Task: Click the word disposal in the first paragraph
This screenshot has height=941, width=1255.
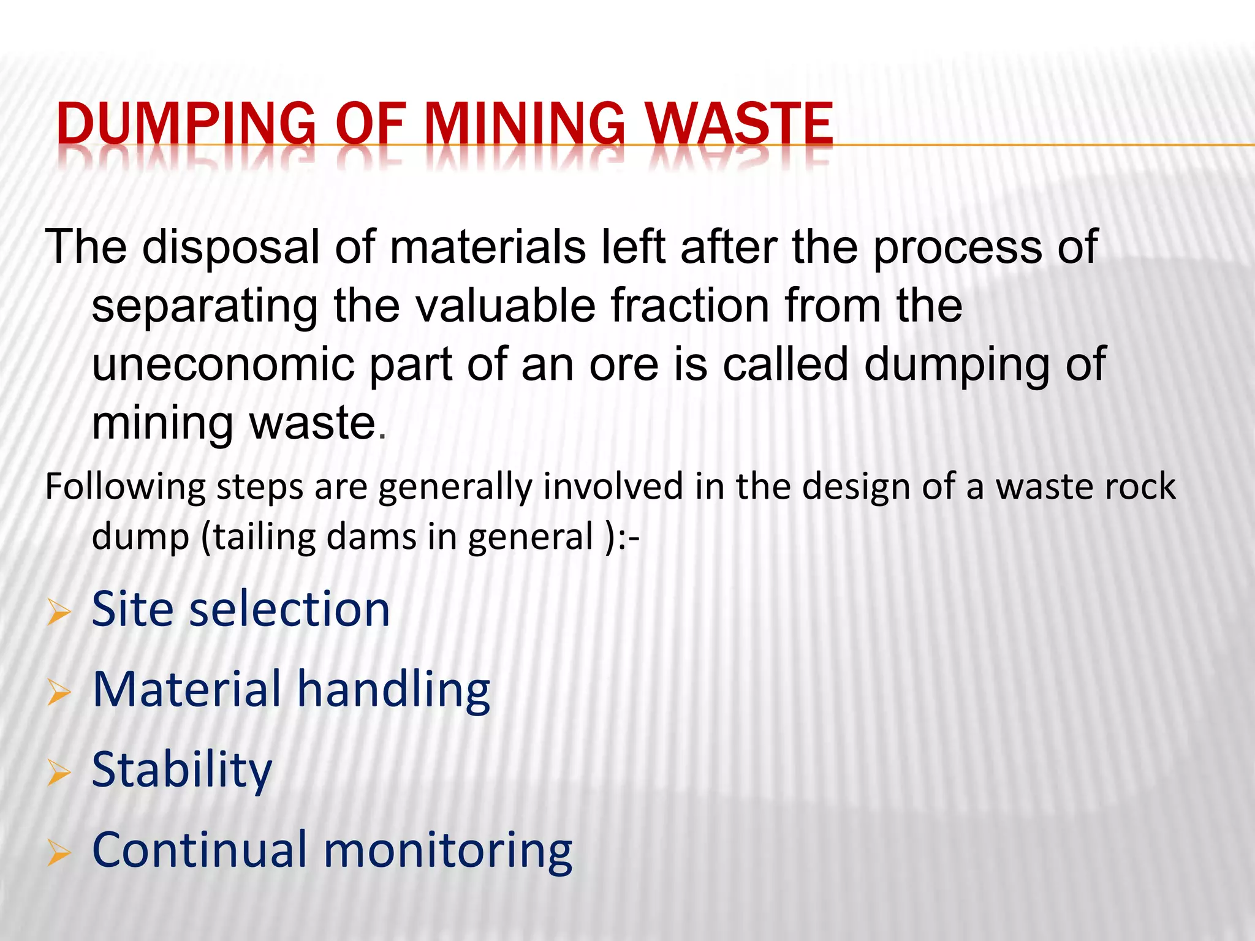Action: tap(231, 247)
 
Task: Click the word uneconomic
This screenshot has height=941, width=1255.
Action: tap(223, 364)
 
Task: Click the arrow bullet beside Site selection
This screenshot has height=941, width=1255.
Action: tap(59, 612)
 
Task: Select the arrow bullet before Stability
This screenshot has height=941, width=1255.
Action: tap(59, 773)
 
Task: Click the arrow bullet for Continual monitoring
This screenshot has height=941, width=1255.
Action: tap(59, 853)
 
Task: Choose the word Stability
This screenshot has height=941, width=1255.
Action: tap(181, 770)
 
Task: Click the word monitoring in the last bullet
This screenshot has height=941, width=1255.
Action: tap(447, 851)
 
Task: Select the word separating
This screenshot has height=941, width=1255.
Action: tap(205, 306)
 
